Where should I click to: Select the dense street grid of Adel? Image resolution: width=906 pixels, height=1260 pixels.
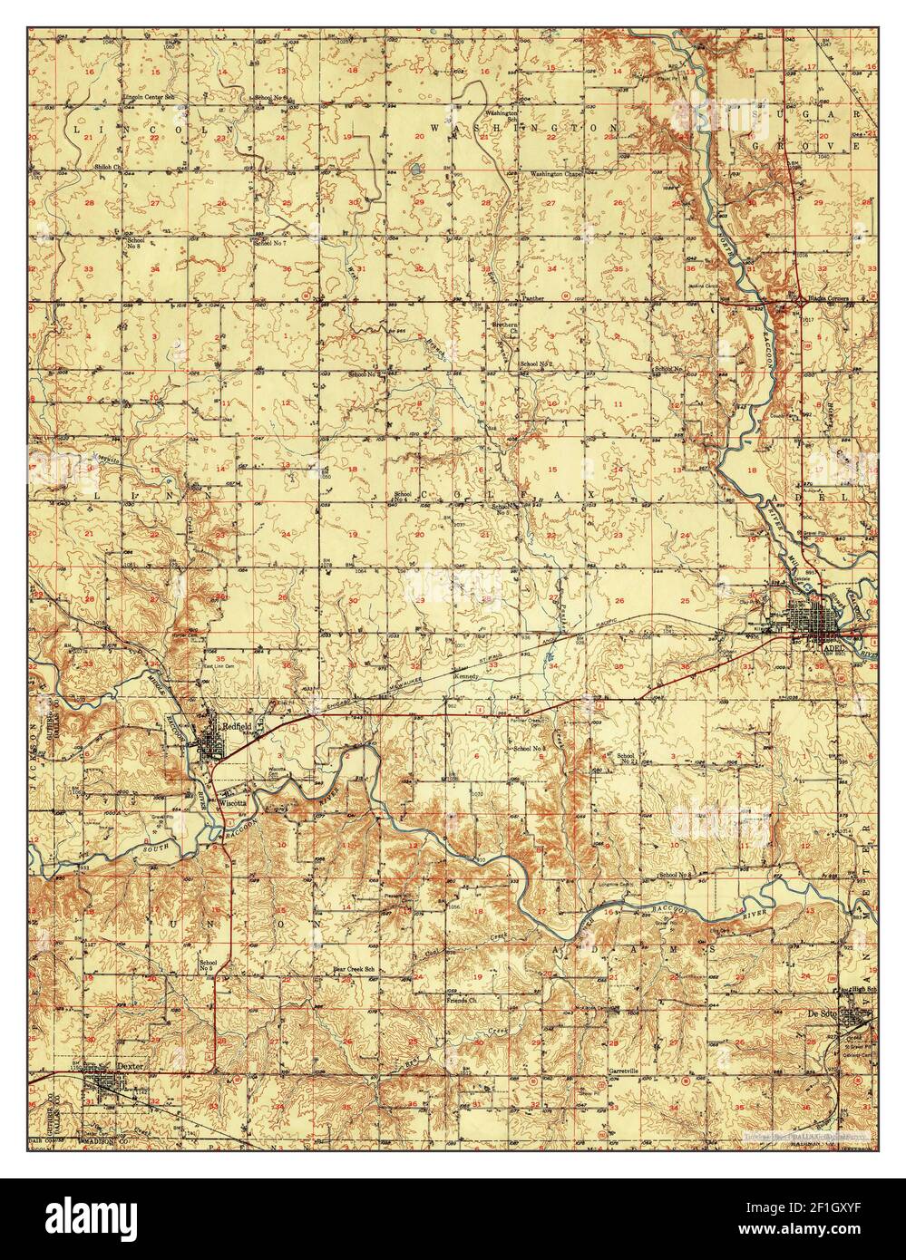pos(827,623)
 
